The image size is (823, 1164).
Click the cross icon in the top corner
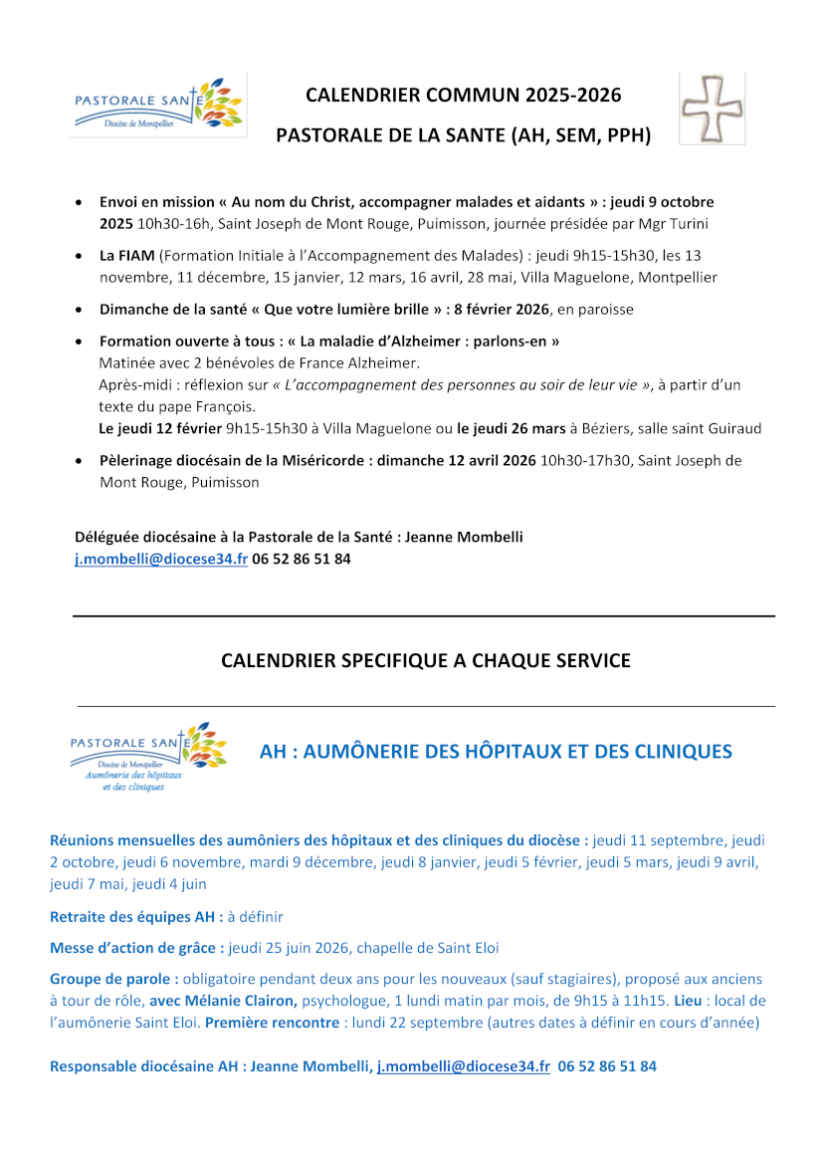(x=712, y=107)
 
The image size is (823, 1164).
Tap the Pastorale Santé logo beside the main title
(x=158, y=105)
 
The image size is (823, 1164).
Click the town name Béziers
(x=610, y=429)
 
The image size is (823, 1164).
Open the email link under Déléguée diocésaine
(x=161, y=560)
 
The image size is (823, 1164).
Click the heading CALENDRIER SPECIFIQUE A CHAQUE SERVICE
(x=425, y=660)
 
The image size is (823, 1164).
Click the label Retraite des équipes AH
(x=136, y=916)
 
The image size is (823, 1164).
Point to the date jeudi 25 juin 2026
(x=291, y=947)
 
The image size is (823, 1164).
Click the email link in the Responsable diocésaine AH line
(x=463, y=1066)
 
